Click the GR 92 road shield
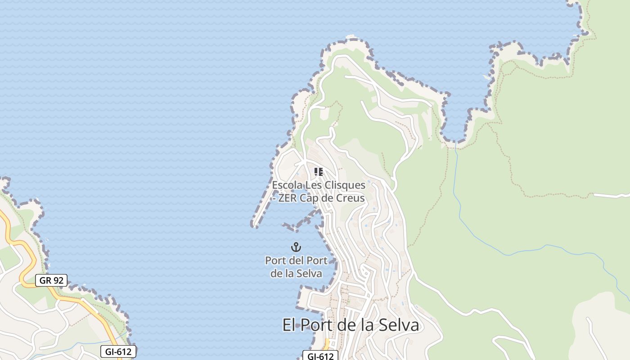pyautogui.click(x=51, y=280)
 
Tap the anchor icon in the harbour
pyautogui.click(x=296, y=247)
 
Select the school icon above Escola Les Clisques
pyautogui.click(x=319, y=172)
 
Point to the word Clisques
pyautogui.click(x=345, y=185)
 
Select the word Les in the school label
pyautogui.click(x=314, y=185)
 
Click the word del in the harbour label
pyautogui.click(x=296, y=260)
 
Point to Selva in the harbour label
pyautogui.click(x=310, y=273)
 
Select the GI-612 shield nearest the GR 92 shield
pyautogui.click(x=118, y=351)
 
